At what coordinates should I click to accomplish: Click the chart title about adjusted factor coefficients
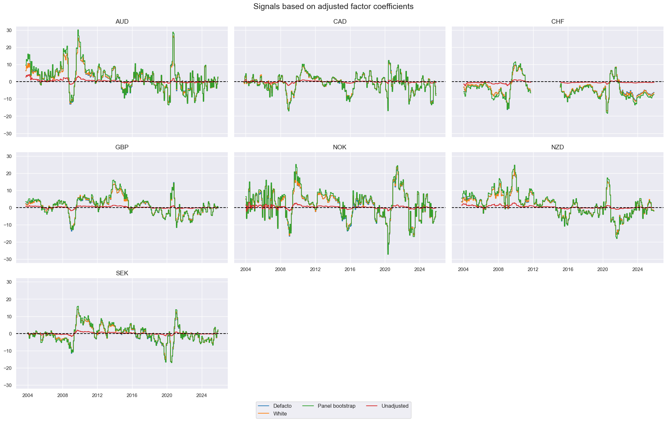333,6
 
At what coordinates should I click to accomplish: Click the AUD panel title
122,22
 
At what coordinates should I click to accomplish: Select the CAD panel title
339,22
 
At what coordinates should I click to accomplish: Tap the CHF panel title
557,22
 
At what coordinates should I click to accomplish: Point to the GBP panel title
122,147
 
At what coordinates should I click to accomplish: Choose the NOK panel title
339,147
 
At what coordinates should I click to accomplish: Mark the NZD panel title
557,147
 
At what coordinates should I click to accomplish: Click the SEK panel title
122,273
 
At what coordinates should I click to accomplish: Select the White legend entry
280,414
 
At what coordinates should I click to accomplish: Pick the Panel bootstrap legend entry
336,406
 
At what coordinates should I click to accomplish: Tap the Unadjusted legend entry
395,406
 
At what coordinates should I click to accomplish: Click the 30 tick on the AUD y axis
9,30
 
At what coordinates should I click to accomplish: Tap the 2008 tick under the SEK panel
63,395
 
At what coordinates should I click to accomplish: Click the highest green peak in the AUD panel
78,30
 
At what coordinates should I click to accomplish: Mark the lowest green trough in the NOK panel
388,254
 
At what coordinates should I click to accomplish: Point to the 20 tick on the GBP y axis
9,174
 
